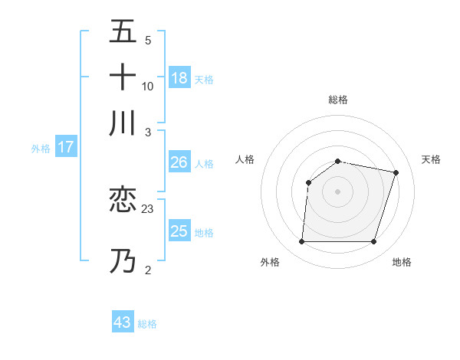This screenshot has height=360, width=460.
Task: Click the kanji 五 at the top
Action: [x=123, y=31]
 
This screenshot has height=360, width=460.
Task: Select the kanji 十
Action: [x=123, y=77]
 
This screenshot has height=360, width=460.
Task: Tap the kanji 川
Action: [x=123, y=123]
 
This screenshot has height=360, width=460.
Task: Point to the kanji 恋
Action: [x=123, y=199]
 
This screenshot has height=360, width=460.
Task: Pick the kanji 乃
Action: [x=123, y=261]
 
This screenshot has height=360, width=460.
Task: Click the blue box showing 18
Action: [x=179, y=77]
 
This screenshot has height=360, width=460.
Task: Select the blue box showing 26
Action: [x=179, y=162]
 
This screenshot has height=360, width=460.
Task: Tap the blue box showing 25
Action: [x=179, y=231]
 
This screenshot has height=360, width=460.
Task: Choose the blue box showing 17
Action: [x=65, y=147]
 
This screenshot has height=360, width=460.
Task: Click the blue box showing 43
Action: [x=123, y=322]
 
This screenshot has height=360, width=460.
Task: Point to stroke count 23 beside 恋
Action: [x=148, y=208]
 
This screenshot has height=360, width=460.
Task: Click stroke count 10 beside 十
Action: [x=148, y=86]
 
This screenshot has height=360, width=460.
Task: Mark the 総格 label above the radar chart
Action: [x=337, y=100]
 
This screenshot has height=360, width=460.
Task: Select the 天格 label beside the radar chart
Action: [x=431, y=159]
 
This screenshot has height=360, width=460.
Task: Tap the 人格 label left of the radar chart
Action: [x=245, y=159]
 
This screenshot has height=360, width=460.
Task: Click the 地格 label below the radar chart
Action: [x=402, y=262]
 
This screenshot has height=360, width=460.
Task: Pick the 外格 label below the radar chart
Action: [x=270, y=262]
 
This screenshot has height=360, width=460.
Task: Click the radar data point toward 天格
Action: [x=396, y=172]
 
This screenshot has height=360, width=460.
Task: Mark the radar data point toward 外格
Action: [x=301, y=242]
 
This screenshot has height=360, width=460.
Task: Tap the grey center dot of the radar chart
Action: [x=337, y=191]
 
